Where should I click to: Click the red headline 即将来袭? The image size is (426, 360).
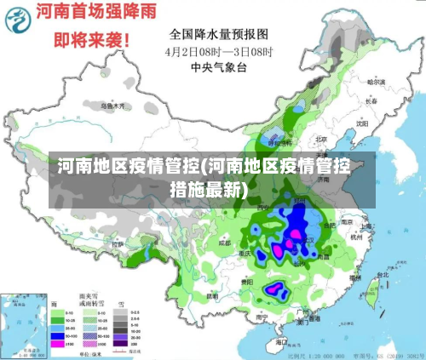[91, 39]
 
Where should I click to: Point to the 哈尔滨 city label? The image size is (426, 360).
[376, 83]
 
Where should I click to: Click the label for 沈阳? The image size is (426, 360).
[363, 123]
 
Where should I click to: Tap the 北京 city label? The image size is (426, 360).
[321, 139]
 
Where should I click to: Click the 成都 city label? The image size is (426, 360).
[224, 243]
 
